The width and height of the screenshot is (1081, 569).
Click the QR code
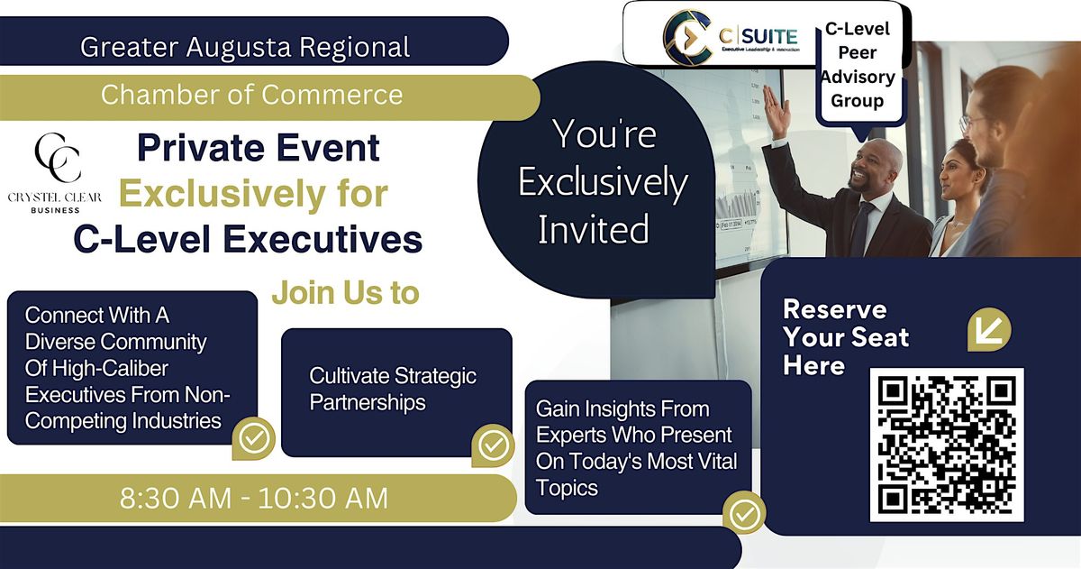(x=947, y=445)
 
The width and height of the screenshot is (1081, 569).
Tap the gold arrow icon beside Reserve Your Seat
(x=989, y=329)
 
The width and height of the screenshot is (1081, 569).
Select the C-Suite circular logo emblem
(x=687, y=37)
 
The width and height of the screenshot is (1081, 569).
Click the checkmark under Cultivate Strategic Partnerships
(x=494, y=445)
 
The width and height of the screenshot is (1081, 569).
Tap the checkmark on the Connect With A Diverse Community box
(x=254, y=438)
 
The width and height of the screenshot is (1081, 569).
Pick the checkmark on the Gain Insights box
(x=744, y=513)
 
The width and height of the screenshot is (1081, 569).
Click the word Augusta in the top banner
(x=239, y=47)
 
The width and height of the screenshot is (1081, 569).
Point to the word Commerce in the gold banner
(x=332, y=94)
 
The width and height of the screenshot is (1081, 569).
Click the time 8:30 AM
(x=176, y=498)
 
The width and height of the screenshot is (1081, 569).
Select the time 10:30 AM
(x=323, y=498)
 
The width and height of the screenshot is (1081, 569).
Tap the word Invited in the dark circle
(x=594, y=229)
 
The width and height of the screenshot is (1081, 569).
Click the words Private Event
(x=259, y=147)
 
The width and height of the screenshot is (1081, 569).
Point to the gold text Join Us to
(x=346, y=293)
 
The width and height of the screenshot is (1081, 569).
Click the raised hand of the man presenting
(x=776, y=111)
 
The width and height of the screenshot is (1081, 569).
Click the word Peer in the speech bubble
(x=857, y=52)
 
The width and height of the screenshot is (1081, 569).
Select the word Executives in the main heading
(x=322, y=239)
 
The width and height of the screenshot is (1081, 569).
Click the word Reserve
(x=835, y=309)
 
